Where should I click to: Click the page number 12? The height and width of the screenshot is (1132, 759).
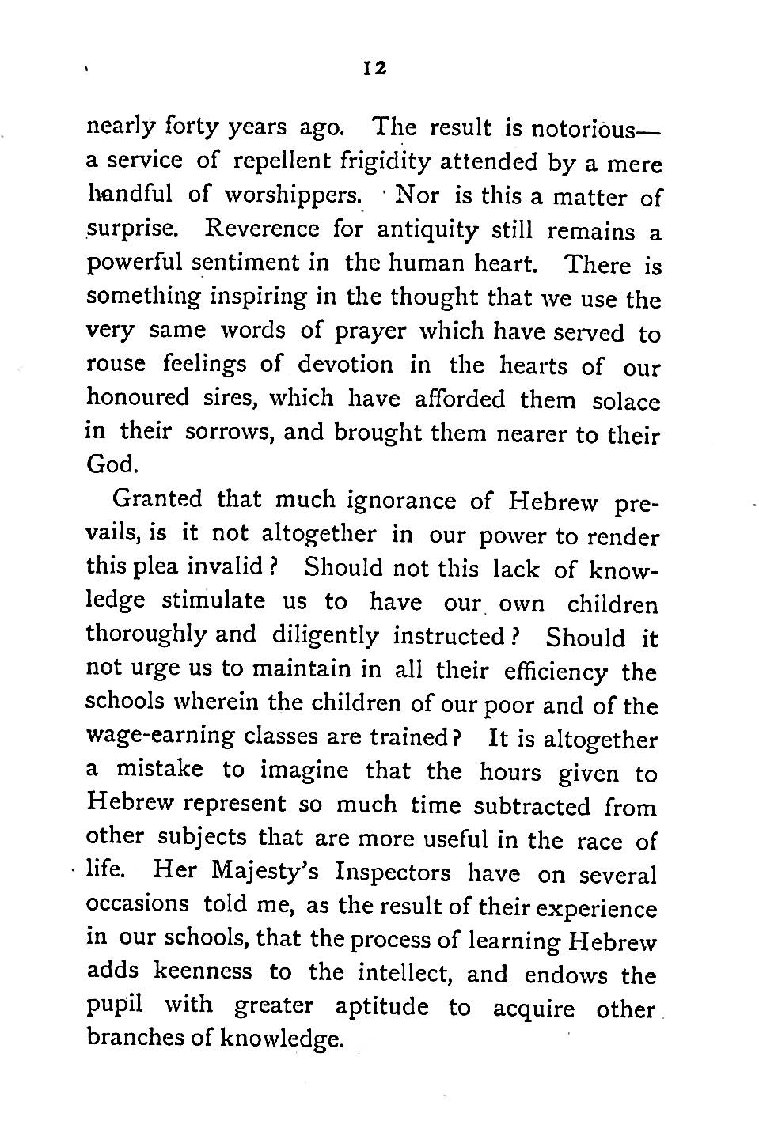pyautogui.click(x=373, y=69)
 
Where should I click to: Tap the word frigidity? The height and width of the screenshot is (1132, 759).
pyautogui.click(x=386, y=162)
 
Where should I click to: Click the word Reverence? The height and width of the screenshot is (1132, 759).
pyautogui.click(x=261, y=229)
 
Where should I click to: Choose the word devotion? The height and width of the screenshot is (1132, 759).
pyautogui.click(x=345, y=365)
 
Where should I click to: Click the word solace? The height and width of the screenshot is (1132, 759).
pyautogui.click(x=625, y=400)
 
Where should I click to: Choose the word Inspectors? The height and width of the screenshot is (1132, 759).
pyautogui.click(x=393, y=874)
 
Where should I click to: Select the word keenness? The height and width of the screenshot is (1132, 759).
pyautogui.click(x=203, y=971)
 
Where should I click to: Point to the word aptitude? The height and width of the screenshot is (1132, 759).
pyautogui.click(x=382, y=1007)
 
